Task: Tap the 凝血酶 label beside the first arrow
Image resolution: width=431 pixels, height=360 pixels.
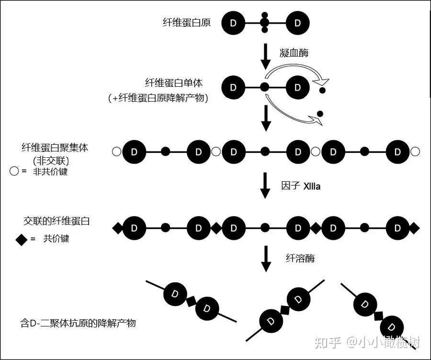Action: [x=294, y=53]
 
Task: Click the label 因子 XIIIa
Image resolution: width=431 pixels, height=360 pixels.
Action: [x=300, y=186]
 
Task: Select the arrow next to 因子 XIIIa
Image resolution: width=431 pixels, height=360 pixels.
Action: [x=265, y=186]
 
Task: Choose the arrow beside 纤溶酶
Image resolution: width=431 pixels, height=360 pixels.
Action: [x=265, y=259]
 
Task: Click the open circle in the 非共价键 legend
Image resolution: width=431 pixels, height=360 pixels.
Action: [x=14, y=171]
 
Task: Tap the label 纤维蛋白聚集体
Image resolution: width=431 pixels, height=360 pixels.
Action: [x=55, y=148]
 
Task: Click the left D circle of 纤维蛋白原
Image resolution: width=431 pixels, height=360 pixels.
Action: [x=233, y=23]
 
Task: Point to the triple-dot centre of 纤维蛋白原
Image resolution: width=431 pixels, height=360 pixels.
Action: [x=264, y=23]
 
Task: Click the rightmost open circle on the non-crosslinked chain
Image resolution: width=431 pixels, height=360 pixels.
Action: [x=415, y=152]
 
